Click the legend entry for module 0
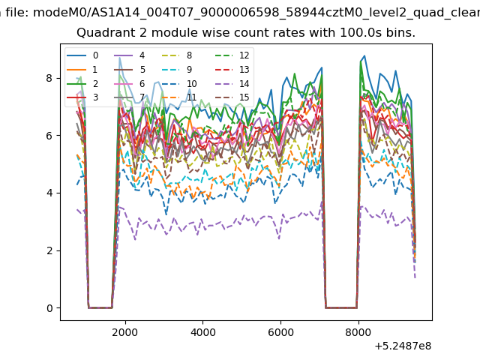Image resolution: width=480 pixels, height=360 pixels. pyautogui.click(x=82, y=55)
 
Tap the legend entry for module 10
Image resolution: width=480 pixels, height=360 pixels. pyautogui.click(x=179, y=83)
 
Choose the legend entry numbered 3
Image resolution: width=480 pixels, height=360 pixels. pyautogui.click(x=82, y=97)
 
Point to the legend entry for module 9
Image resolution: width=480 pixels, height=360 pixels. pyautogui.click(x=177, y=70)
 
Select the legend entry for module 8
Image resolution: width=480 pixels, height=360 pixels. pyautogui.click(x=177, y=55)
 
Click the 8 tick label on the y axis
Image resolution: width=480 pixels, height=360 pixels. pyautogui.click(x=49, y=78)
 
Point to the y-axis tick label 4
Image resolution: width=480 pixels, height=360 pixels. pyautogui.click(x=49, y=193)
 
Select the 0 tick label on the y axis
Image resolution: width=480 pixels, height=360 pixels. pyautogui.click(x=49, y=308)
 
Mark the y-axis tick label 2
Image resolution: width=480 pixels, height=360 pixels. pyautogui.click(x=49, y=250)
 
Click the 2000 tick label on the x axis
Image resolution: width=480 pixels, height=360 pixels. pyautogui.click(x=125, y=332)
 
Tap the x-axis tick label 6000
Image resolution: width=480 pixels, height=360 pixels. pyautogui.click(x=280, y=332)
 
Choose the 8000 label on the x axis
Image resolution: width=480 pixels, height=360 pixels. pyautogui.click(x=358, y=332)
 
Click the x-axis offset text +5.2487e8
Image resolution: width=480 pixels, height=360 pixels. pyautogui.click(x=403, y=346)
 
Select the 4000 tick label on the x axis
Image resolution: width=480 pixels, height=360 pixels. pyautogui.click(x=202, y=332)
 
